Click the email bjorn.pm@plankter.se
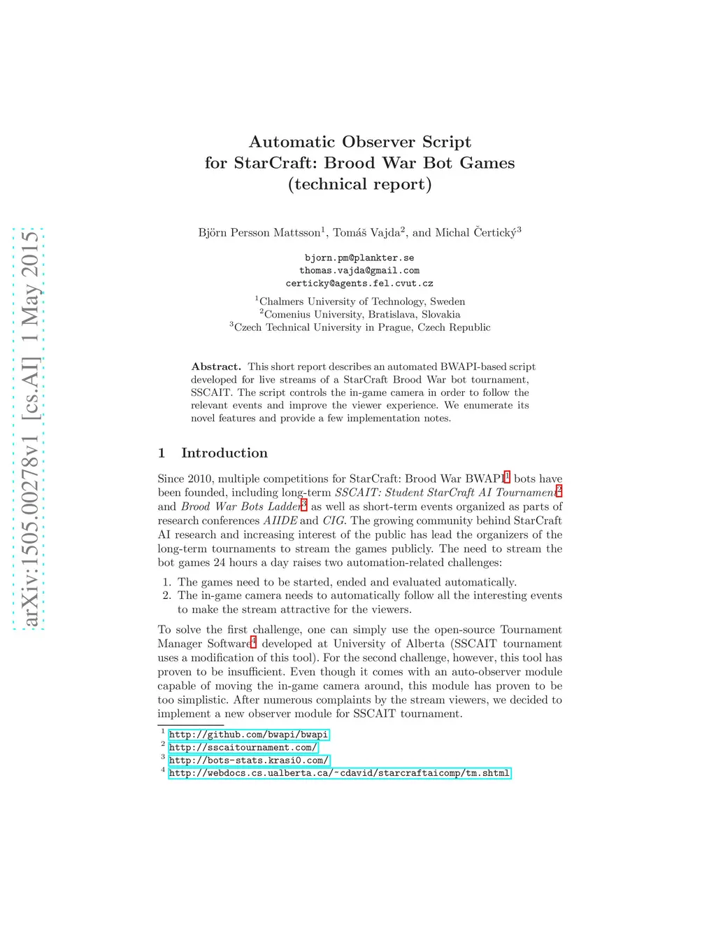click(x=359, y=258)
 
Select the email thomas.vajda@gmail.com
click(x=359, y=271)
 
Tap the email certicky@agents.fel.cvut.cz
click(x=359, y=283)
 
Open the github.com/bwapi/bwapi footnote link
click(x=248, y=735)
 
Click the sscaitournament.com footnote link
click(x=243, y=747)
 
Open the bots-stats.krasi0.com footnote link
click(x=248, y=760)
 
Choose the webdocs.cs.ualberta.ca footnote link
click(x=339, y=773)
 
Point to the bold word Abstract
click(x=216, y=367)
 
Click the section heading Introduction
click(x=224, y=453)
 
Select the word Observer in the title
click(x=378, y=142)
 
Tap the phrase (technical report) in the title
click(x=359, y=184)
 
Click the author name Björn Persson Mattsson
click(x=259, y=233)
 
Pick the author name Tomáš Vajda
click(x=366, y=233)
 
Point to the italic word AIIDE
click(x=280, y=521)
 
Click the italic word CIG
click(x=333, y=521)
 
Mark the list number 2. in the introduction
click(x=167, y=596)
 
